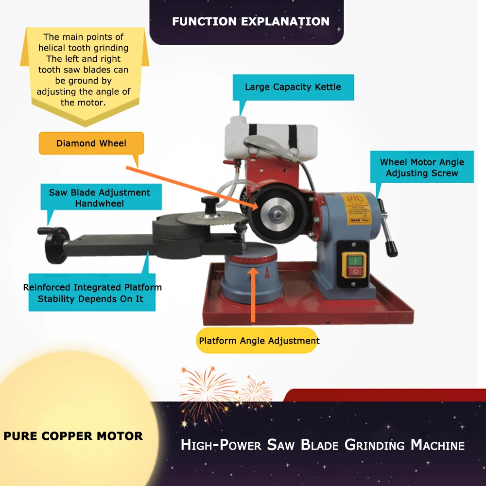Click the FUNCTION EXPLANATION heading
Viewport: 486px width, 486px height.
coord(250,21)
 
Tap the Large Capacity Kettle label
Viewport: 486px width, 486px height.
coord(293,87)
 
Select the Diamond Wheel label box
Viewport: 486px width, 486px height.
coord(91,143)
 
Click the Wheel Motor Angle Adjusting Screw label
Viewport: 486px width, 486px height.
coord(421,168)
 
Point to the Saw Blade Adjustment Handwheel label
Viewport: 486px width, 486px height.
coord(99,198)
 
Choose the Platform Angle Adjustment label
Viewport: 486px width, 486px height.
coord(259,341)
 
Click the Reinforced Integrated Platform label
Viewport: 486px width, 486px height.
coord(92,293)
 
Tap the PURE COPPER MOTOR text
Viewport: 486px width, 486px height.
coord(73,436)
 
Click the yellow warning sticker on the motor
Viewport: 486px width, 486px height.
coord(358,206)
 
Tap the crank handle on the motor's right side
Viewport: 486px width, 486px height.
coord(387,228)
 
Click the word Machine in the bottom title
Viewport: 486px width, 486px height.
coord(437,445)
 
